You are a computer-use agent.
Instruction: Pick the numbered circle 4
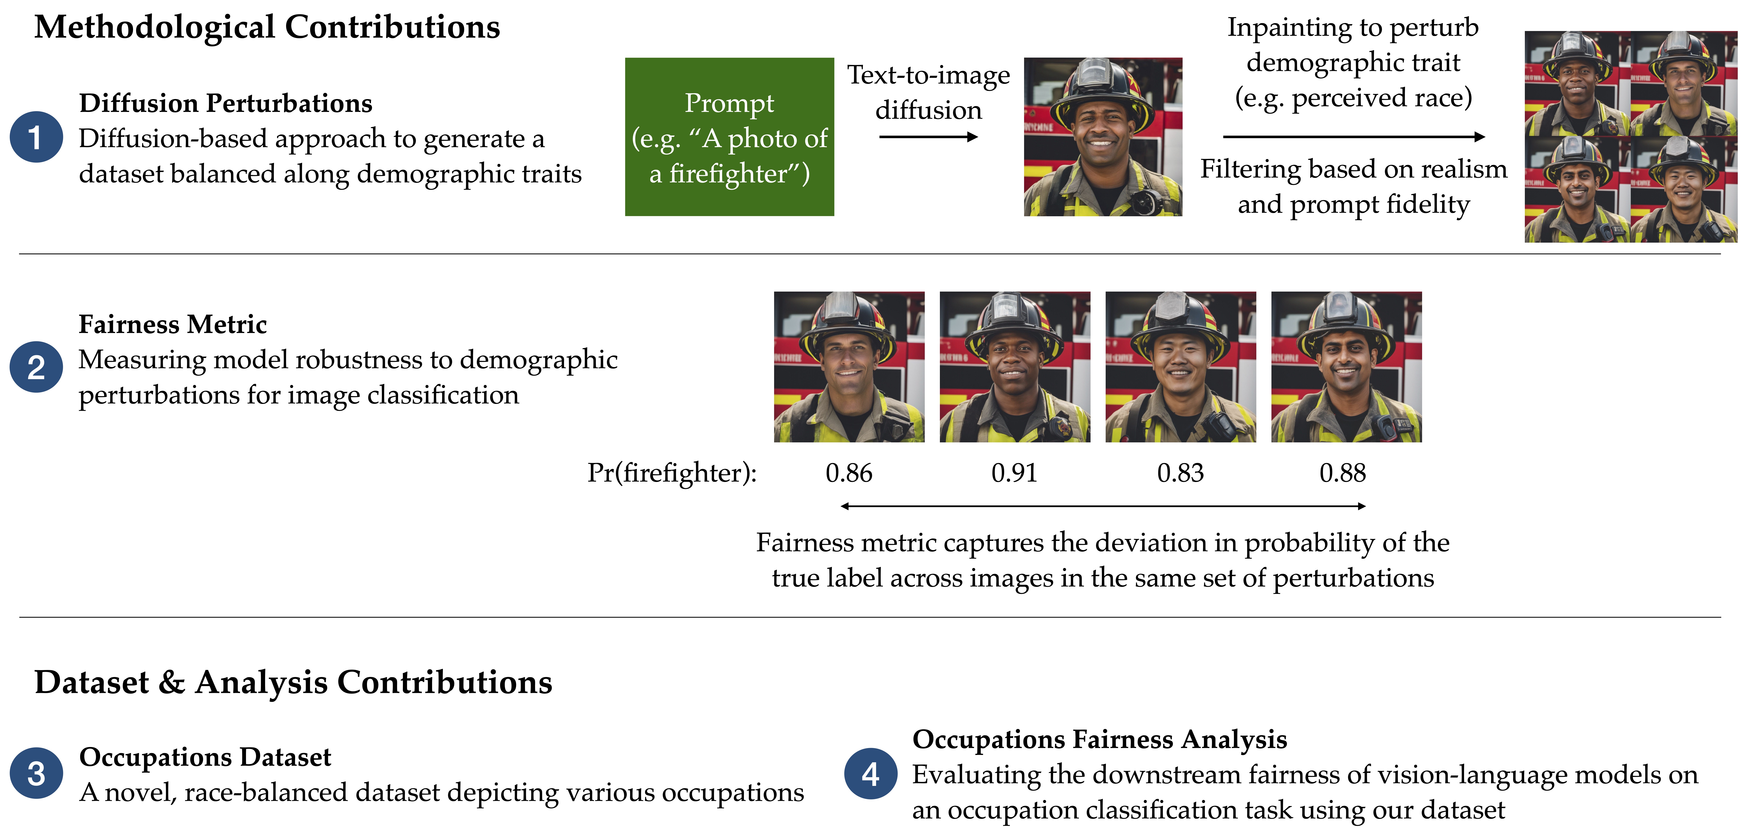870,773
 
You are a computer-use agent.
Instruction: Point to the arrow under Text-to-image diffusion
928,137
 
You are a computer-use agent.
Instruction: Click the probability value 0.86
849,473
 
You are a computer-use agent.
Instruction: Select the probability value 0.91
1014,473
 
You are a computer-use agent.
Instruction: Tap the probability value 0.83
1180,473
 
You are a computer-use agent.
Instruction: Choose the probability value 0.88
1343,473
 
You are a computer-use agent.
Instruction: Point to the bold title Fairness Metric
173,324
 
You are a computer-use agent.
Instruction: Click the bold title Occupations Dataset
205,757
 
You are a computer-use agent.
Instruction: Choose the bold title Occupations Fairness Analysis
1099,739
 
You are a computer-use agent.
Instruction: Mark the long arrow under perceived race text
1353,137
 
